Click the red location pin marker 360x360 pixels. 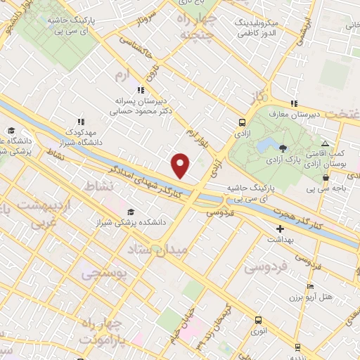click(x=181, y=164)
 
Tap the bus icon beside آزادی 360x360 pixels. click(x=242, y=122)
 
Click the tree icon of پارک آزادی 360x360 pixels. click(x=283, y=148)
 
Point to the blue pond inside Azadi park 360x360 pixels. click(x=266, y=146)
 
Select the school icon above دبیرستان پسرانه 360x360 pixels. click(x=141, y=90)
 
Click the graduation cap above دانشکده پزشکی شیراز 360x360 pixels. click(x=131, y=212)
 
